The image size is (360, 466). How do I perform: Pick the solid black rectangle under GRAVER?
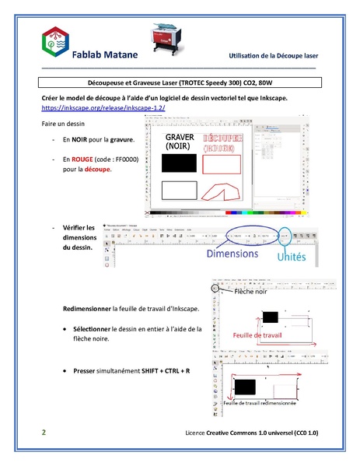tap(177, 163)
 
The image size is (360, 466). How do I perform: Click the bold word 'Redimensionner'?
tap(86, 309)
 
